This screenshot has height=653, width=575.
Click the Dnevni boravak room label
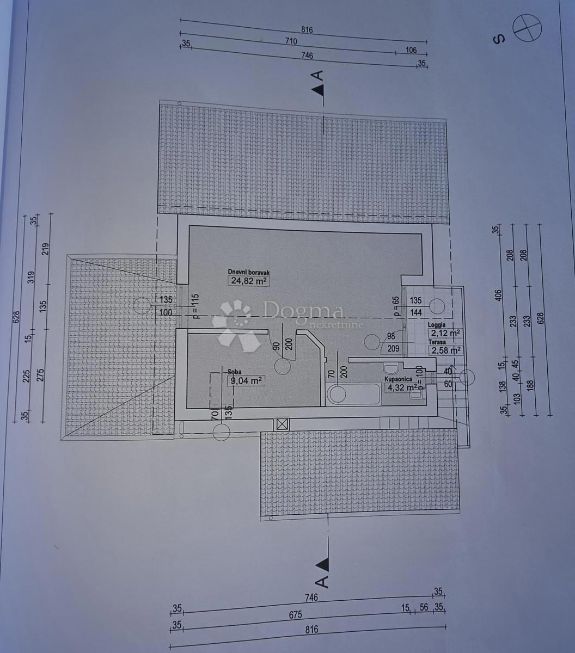249,272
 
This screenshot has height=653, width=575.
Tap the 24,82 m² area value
249,281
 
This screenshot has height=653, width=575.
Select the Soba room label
235,372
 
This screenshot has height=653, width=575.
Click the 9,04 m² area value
246,381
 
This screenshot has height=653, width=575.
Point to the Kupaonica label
398,379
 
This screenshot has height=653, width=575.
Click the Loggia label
437,325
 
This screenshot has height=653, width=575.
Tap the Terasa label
437,342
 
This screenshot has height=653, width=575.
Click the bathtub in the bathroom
353,394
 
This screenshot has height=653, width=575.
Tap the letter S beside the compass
499,39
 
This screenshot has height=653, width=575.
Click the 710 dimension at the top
291,41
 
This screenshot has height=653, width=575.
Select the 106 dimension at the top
411,50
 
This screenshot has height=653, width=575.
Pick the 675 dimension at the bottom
295,615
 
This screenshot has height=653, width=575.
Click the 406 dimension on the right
499,295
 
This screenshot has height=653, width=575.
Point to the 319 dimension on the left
31,277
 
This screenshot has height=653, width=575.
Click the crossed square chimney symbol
281,424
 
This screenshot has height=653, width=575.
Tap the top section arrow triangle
319,90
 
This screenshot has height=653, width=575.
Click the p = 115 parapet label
195,306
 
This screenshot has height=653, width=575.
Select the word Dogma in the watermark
303,310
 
